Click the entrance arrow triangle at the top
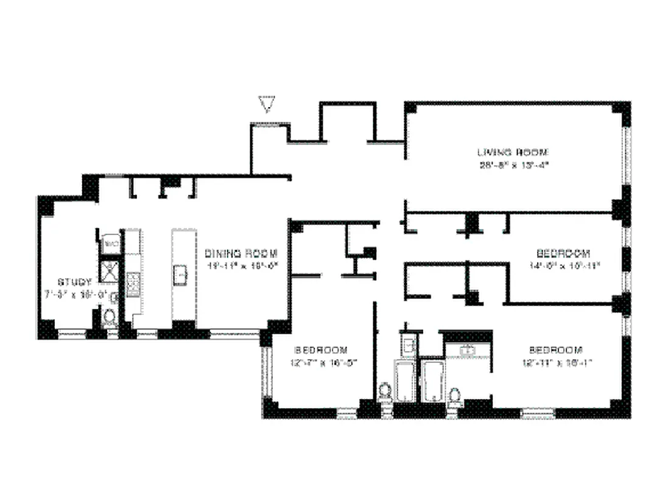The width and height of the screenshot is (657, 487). (x=266, y=104)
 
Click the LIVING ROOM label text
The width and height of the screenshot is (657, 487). (x=513, y=152)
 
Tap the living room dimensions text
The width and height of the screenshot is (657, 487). (x=513, y=164)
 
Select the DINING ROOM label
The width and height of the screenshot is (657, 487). (x=241, y=253)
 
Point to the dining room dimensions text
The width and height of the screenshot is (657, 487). (x=241, y=266)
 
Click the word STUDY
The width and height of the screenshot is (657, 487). (x=74, y=282)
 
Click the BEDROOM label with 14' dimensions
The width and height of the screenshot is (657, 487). (x=563, y=253)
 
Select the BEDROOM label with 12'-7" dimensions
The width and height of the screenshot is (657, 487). (x=321, y=350)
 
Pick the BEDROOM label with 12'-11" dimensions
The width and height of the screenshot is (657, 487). (x=556, y=350)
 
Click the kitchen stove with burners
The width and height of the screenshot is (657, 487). (x=133, y=284)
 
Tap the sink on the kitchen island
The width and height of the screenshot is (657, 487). (x=181, y=275)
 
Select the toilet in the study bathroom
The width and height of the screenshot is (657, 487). (x=110, y=316)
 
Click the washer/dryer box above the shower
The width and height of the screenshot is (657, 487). (x=111, y=243)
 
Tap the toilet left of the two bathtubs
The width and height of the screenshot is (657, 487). (x=385, y=391)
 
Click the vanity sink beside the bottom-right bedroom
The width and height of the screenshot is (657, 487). (x=468, y=350)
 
